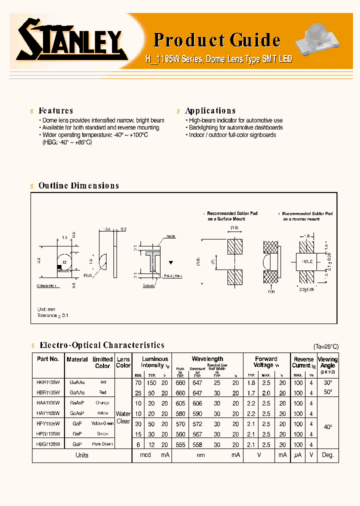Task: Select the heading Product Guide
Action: [x=216, y=40]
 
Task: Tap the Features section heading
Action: [x=55, y=111]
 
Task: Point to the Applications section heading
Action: [x=210, y=111]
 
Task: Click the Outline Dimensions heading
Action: [x=78, y=185]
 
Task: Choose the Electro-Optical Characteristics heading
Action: [x=101, y=345]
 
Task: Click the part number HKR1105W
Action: [x=48, y=381]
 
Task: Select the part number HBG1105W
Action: [x=48, y=443]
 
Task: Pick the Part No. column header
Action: [x=48, y=359]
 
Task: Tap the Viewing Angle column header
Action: [x=328, y=362]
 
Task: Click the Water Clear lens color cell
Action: [x=123, y=417]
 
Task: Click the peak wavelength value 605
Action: [x=180, y=403]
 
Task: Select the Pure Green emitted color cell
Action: [x=102, y=444]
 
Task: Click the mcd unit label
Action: [x=145, y=455]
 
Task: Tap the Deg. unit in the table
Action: [x=328, y=455]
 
